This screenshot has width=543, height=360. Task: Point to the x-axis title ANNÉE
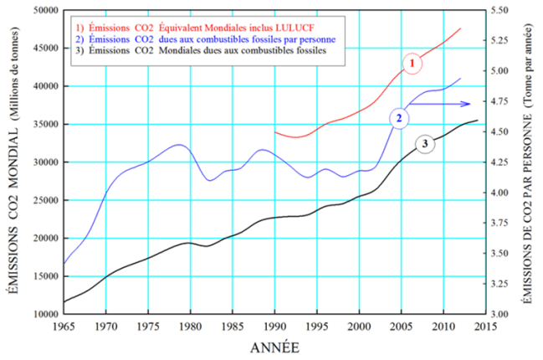tap(273, 346)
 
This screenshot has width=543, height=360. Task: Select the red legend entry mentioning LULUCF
tap(185, 27)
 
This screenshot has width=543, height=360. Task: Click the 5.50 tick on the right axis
tap(502, 10)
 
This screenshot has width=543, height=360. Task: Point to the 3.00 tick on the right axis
tap(502, 314)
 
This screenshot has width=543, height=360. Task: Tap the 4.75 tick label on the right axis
tap(502, 101)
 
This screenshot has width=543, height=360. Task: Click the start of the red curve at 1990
tap(275, 131)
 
